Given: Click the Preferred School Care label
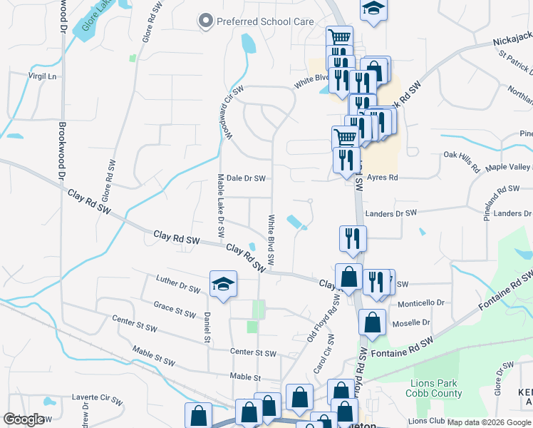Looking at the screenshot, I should [265, 21].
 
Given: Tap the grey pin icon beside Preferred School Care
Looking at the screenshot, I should [207, 21].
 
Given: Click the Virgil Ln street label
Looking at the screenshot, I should [41, 75].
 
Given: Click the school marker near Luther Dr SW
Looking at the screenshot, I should [223, 285].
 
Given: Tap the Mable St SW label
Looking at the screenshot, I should [153, 356].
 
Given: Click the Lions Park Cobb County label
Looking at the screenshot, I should [436, 388].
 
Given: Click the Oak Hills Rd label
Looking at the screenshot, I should [462, 162].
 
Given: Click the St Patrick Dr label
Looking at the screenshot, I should [514, 62].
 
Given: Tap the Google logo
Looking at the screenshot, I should [24, 419].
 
